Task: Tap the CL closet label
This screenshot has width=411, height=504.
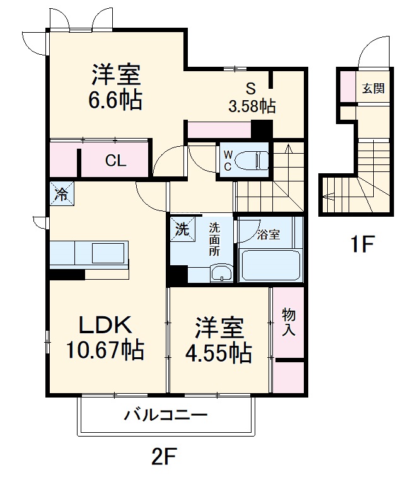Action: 115,161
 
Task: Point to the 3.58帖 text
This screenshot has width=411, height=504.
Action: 252,106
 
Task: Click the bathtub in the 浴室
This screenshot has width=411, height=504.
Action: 269,265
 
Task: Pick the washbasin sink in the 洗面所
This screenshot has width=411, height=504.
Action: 221,273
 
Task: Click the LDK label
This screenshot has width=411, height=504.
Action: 105,325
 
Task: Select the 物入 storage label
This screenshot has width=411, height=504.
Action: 289,321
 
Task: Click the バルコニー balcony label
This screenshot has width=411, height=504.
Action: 165,415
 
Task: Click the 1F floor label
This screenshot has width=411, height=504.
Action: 363,244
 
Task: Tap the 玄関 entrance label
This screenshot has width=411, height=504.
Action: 373,88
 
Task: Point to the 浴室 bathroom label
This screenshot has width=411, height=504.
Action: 269,234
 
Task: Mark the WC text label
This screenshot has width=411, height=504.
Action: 226,161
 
